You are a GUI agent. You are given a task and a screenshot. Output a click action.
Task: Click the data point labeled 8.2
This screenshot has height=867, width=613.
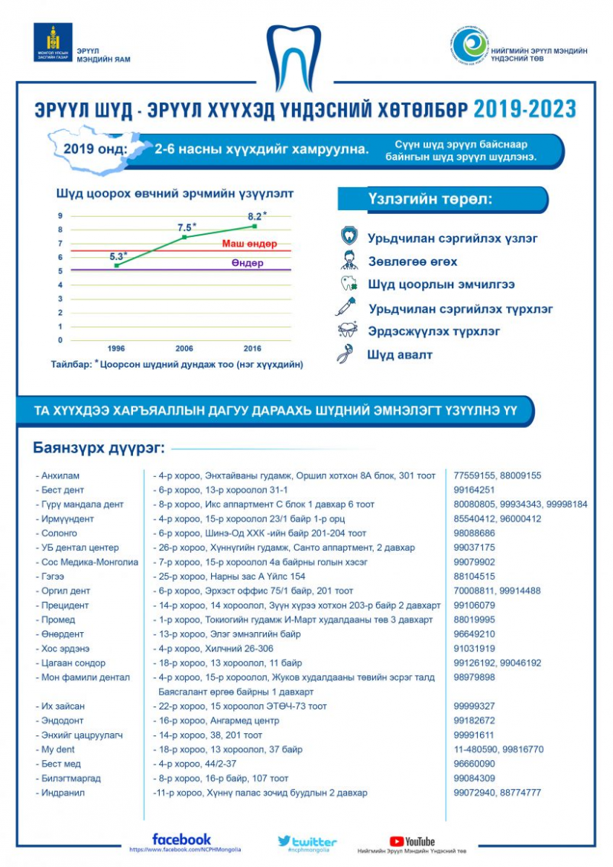coord(255,226)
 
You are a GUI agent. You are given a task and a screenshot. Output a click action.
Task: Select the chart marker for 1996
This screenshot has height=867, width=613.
coord(117,265)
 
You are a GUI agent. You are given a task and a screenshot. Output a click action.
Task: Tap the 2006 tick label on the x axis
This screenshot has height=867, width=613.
coord(184,348)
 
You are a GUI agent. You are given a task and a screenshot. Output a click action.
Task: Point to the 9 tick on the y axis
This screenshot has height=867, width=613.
coord(60,216)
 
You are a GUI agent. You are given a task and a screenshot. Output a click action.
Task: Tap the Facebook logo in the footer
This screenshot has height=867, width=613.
coord(181,839)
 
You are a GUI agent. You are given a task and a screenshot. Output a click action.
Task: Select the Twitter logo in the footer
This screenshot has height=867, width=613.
coord(307,842)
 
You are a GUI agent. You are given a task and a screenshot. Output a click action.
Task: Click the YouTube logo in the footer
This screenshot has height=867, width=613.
coord(412,842)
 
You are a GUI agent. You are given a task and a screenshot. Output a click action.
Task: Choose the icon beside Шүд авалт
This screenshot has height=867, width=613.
coord(345,354)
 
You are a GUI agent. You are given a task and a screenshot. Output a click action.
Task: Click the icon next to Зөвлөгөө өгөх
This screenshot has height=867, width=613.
coord(348,261)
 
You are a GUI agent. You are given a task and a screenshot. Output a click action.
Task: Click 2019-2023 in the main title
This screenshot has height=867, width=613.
coord(525,109)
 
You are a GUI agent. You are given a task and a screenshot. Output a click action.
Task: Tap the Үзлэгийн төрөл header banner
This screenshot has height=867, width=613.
coord(442,200)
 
